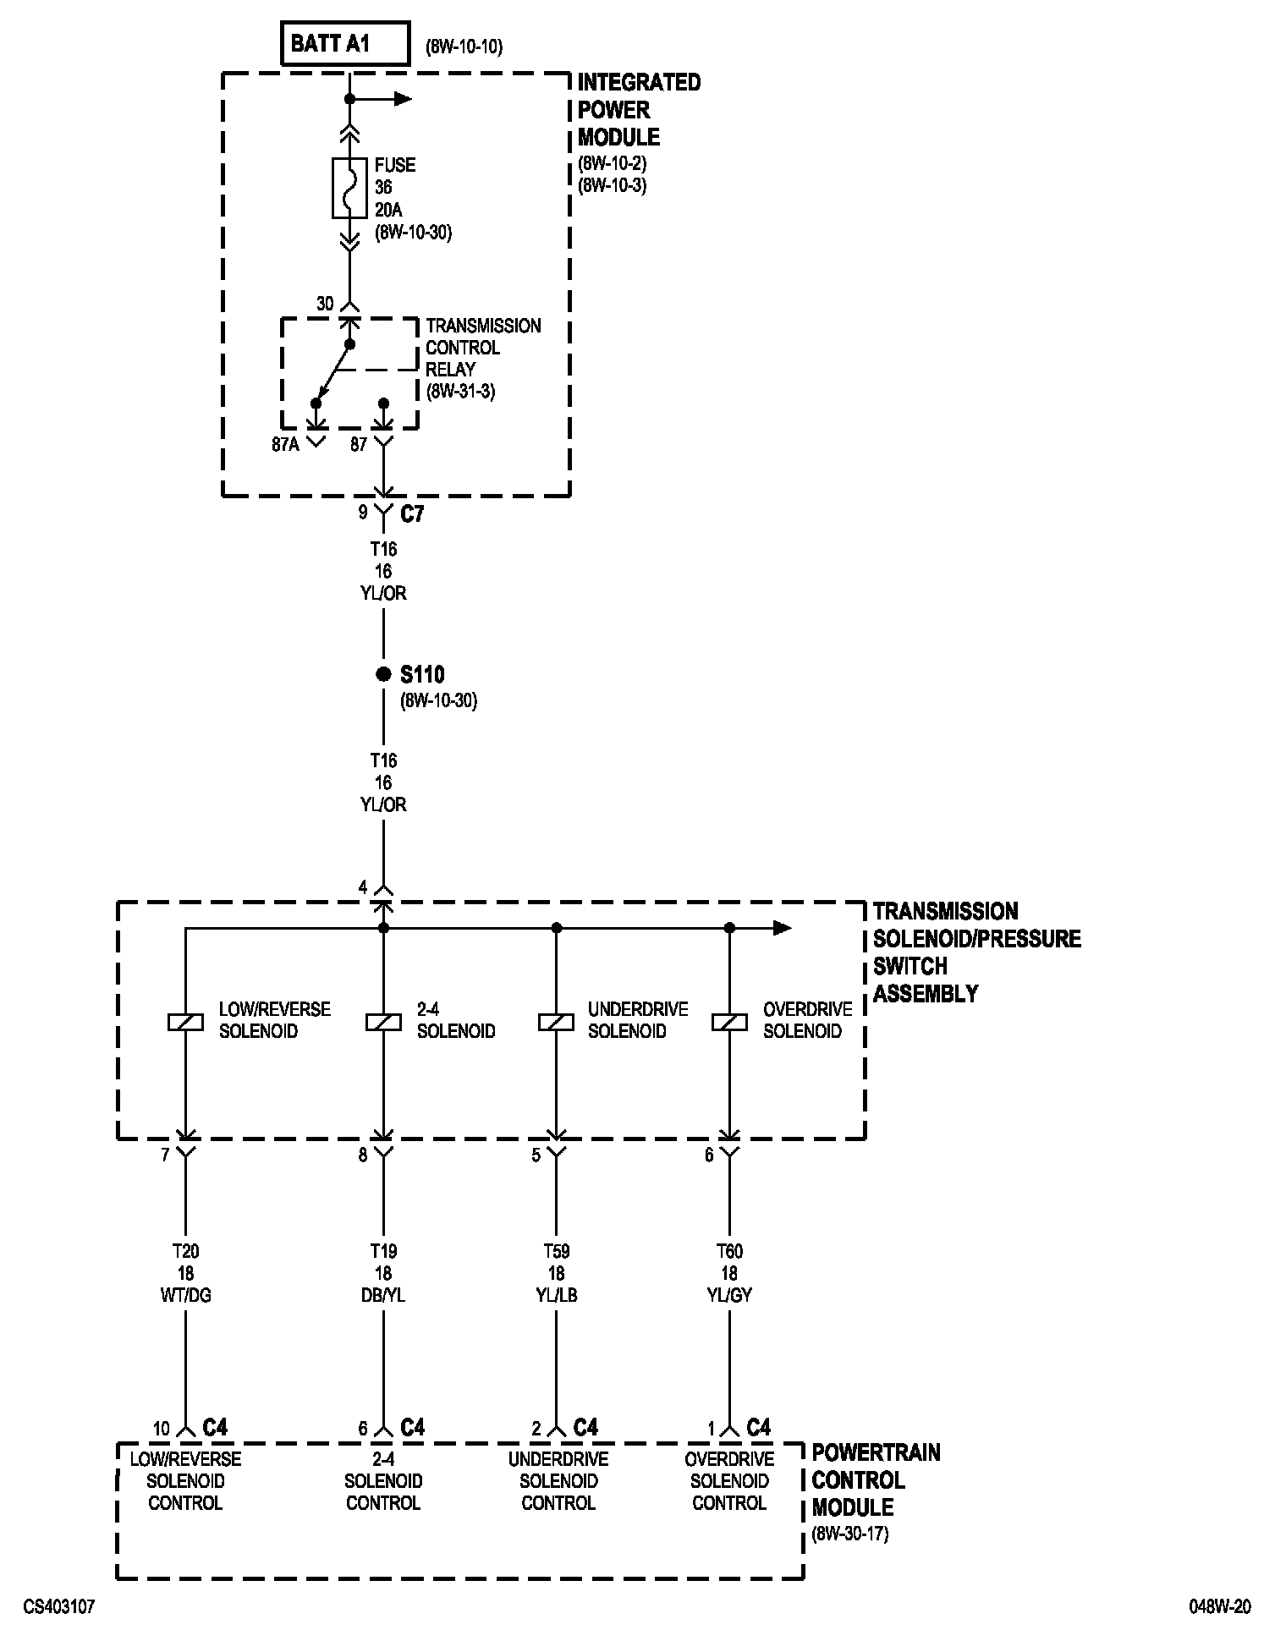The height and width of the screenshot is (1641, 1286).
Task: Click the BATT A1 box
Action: [x=345, y=44]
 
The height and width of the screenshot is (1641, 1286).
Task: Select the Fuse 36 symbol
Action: [x=349, y=187]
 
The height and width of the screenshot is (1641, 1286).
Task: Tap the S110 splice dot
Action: [x=382, y=674]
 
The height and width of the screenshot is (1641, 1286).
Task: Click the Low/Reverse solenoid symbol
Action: [x=185, y=1022]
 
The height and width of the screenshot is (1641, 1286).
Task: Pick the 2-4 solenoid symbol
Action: [x=383, y=1022]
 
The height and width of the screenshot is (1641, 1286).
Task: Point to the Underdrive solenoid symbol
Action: [x=556, y=1022]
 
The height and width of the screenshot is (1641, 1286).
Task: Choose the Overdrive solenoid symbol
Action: [x=729, y=1022]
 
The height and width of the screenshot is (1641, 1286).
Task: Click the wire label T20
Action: [x=185, y=1251]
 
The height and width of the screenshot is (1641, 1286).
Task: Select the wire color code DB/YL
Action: [x=383, y=1295]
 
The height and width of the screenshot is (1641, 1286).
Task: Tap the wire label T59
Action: [x=556, y=1251]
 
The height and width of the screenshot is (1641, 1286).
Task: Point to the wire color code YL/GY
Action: [x=729, y=1295]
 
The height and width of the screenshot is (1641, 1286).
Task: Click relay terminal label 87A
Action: [x=286, y=445]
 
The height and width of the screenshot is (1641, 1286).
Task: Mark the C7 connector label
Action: [x=412, y=513]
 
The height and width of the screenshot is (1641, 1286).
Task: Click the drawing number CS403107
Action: [x=59, y=1606]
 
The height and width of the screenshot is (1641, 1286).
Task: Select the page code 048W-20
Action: [x=1219, y=1606]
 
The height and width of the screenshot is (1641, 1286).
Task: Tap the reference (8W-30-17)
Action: [x=850, y=1534]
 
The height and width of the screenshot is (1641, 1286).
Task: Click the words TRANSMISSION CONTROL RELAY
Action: [x=483, y=348]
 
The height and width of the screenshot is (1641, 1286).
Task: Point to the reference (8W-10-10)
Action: [x=464, y=47]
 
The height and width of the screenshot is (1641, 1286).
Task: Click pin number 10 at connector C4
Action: [x=162, y=1429]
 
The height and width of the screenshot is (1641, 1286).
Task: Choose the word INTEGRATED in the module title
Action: [x=639, y=83]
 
